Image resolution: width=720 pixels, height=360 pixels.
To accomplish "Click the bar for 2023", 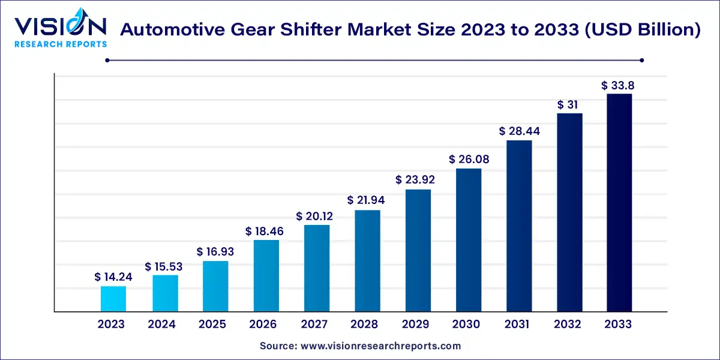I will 113,299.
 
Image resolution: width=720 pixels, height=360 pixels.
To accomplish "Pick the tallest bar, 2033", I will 619,203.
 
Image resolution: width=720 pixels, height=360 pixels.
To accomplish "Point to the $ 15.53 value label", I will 163,266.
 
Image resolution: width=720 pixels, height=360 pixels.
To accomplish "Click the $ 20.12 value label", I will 315,216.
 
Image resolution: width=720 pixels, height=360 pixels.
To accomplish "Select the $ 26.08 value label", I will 467,160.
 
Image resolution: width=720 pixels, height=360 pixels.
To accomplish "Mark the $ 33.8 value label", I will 618,85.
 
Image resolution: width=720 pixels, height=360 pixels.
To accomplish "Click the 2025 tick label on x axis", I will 212,325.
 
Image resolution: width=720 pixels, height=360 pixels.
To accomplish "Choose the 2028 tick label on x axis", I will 365,325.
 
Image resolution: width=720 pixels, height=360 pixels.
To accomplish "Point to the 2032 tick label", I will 568,325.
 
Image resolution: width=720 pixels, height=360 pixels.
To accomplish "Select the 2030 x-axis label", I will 466,325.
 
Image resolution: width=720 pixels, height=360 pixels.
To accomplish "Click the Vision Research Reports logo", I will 60,30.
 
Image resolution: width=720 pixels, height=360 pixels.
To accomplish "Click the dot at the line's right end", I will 642,60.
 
